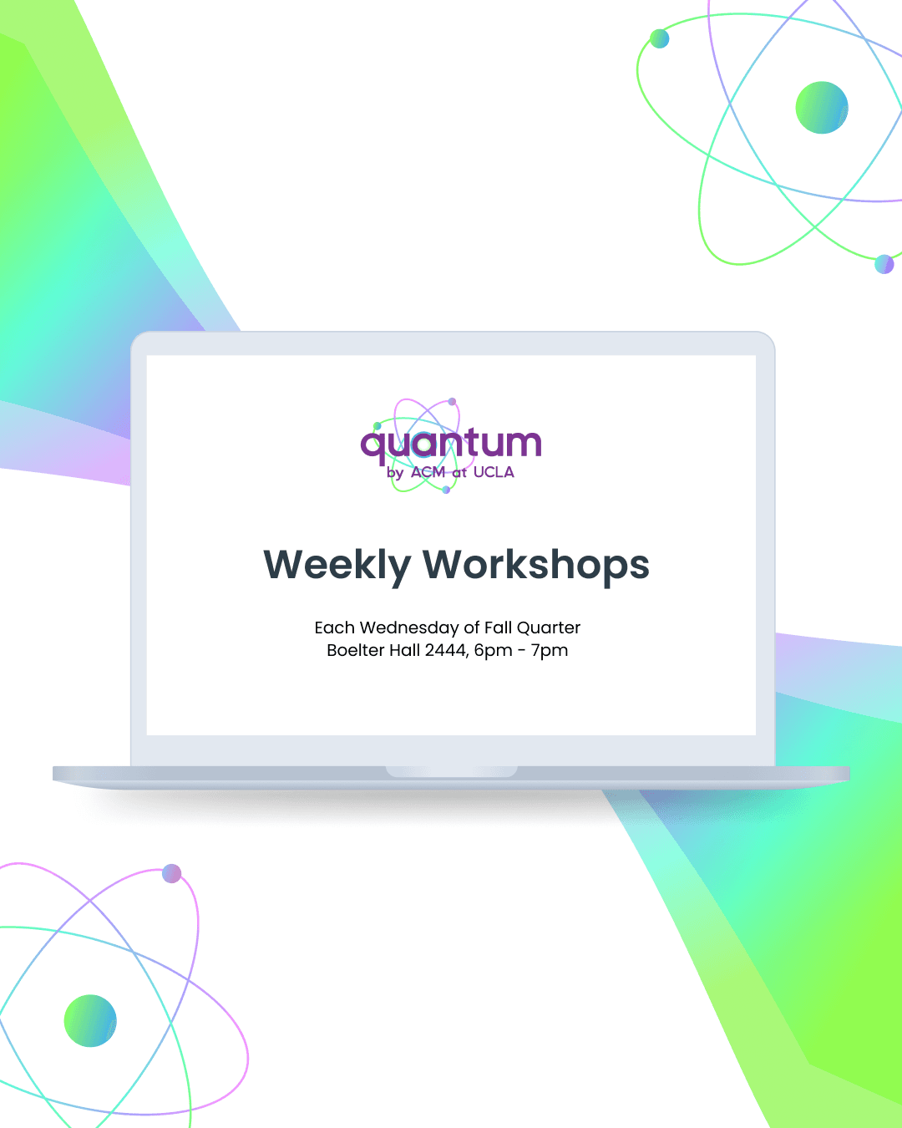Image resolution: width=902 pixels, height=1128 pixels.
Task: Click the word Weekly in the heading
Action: coord(337,566)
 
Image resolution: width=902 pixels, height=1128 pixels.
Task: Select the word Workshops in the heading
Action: coord(536,566)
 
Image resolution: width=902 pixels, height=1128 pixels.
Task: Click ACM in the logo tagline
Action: coord(428,472)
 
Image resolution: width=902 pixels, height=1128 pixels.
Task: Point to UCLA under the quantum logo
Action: coord(494,472)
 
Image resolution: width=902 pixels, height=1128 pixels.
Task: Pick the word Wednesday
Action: coord(409,628)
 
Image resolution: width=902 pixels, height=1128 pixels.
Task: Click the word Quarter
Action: coord(549,628)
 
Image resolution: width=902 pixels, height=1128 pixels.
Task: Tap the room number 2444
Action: coord(445,650)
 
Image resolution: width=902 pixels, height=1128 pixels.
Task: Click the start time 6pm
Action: coord(493,650)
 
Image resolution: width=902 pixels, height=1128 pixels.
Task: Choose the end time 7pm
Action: coord(550,650)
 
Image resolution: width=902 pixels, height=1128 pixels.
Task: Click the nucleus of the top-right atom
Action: coord(822,108)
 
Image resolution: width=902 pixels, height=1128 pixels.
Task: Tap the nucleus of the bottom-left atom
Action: coord(90,1020)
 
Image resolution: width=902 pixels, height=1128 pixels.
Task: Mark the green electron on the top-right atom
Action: coord(660,38)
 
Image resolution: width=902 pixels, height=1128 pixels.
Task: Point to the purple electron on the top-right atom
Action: coord(884,265)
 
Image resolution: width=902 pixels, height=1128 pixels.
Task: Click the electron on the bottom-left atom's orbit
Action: coord(172,873)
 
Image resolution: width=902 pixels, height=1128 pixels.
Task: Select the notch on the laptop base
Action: coord(451,771)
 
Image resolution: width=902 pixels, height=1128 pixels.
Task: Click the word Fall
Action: coord(498,628)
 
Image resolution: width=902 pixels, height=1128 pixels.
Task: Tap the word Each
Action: coord(334,628)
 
